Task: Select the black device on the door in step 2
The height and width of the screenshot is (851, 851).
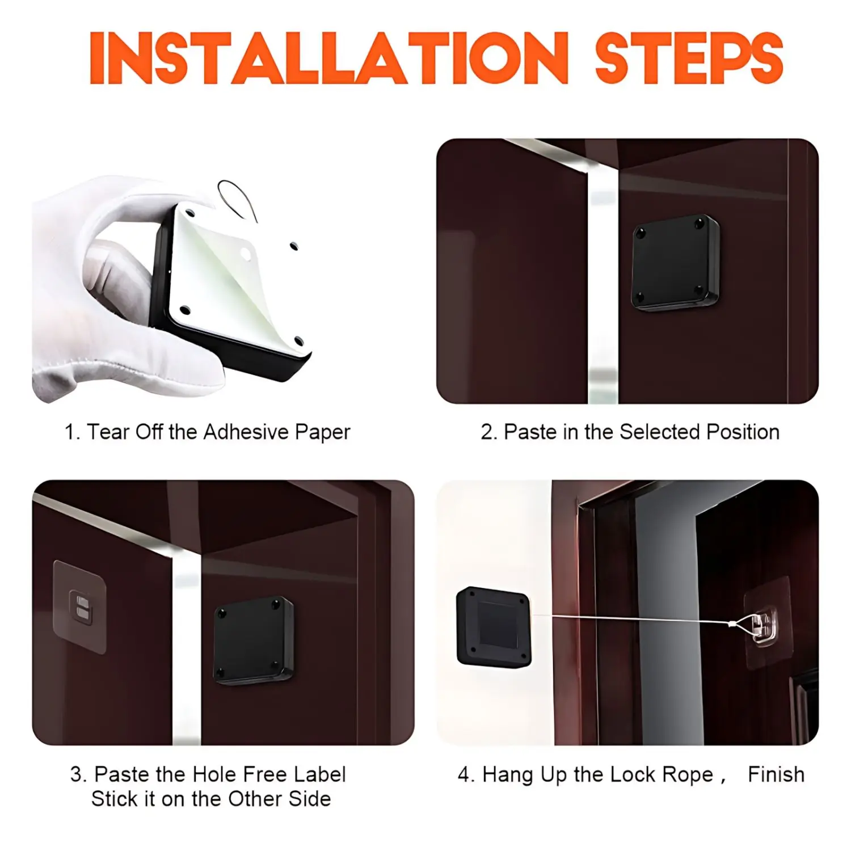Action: (x=675, y=262)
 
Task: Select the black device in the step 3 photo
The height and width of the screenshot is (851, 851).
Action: (x=254, y=641)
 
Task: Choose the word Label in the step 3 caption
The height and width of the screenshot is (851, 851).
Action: (x=319, y=774)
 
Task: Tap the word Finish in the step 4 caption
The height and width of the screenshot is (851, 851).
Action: (x=776, y=774)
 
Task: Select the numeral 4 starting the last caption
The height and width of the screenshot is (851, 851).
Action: (x=464, y=775)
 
